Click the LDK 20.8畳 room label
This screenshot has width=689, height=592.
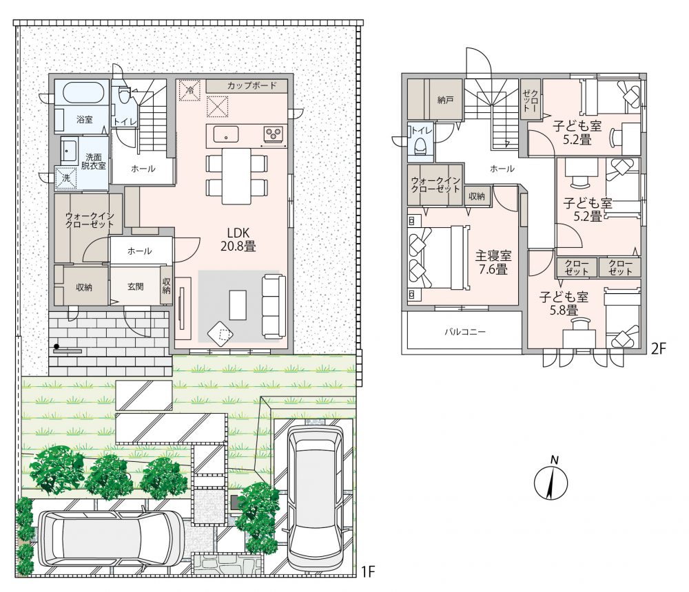click(x=238, y=240)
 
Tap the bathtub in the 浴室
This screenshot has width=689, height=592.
click(x=83, y=93)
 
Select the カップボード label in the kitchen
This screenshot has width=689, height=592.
click(x=251, y=85)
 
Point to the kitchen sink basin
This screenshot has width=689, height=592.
click(x=226, y=134)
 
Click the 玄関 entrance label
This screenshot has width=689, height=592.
click(x=135, y=286)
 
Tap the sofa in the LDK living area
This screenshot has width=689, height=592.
click(x=274, y=306)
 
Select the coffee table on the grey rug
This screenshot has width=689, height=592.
click(x=238, y=305)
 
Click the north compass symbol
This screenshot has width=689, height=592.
click(x=551, y=481)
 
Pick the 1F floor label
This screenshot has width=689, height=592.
click(x=367, y=571)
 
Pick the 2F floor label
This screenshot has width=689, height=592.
click(x=659, y=349)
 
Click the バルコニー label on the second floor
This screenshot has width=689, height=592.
click(x=465, y=332)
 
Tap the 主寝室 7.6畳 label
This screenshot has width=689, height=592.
click(x=493, y=262)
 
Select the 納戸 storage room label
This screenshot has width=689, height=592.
click(x=445, y=100)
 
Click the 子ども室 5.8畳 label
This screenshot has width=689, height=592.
click(x=564, y=304)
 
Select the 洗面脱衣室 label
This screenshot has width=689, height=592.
click(x=94, y=161)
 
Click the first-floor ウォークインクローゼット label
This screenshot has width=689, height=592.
click(x=90, y=220)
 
